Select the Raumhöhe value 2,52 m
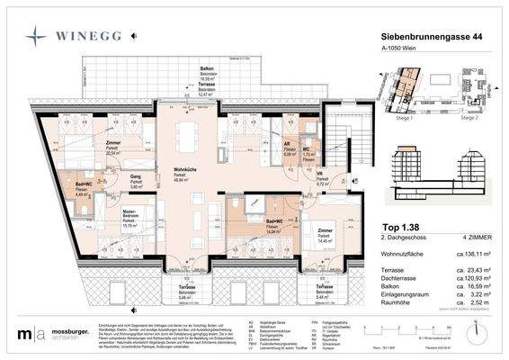470,303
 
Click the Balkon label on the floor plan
207,69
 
